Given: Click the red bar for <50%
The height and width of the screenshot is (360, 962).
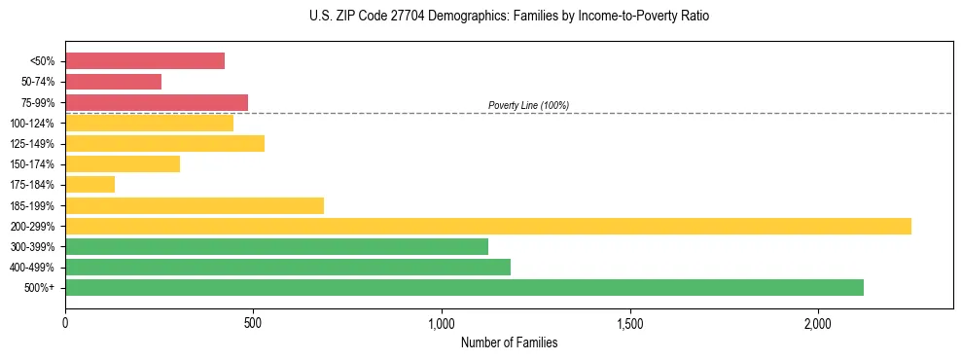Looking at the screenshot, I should (145, 61).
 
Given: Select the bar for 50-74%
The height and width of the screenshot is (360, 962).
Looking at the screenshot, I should (113, 82).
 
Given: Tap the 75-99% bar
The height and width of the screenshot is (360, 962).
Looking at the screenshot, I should (157, 102).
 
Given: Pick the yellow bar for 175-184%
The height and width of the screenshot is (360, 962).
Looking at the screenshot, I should (89, 185).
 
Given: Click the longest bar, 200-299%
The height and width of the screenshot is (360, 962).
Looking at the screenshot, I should (488, 226).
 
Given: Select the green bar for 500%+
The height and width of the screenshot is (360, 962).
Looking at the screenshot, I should (464, 288).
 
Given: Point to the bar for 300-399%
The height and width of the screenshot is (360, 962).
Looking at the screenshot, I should (276, 247).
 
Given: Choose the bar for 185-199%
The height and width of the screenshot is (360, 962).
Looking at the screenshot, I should (195, 205).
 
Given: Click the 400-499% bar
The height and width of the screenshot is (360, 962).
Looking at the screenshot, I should (288, 268).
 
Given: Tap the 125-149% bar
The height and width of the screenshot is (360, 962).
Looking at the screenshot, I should (164, 144).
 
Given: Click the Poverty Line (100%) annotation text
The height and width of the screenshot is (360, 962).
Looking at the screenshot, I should (528, 105).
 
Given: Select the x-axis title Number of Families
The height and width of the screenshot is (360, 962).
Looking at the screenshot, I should (509, 343).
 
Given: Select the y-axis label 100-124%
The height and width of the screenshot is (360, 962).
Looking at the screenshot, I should (32, 124).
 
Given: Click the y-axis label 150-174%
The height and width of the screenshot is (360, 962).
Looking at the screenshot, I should (32, 164).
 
